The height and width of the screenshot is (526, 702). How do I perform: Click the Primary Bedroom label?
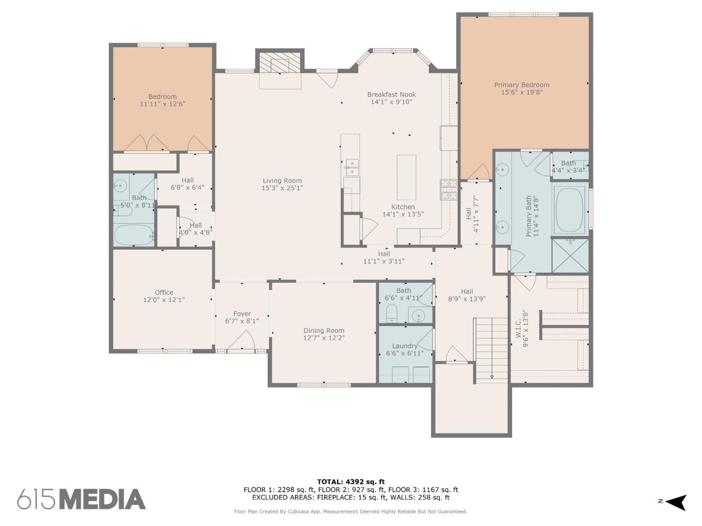point(522,85)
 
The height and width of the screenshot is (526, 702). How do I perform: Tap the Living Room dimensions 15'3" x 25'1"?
point(282,188)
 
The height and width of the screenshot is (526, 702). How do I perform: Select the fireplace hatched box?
point(279,63)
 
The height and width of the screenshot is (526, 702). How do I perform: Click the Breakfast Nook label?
point(391,94)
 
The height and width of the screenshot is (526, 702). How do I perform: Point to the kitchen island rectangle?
point(407,178)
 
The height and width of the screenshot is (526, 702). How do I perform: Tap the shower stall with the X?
point(570,255)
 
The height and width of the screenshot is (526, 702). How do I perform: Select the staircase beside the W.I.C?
point(490,350)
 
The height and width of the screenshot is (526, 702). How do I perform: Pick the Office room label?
point(164,292)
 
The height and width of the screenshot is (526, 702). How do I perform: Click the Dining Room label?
point(324,331)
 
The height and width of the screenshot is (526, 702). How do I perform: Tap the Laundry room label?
point(405,346)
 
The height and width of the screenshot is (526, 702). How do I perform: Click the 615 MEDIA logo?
point(81,499)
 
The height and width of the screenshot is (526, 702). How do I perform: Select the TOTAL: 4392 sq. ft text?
point(351,482)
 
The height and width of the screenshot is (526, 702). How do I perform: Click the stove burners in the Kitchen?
point(449,189)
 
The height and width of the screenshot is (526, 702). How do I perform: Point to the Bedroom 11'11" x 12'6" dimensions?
point(162,104)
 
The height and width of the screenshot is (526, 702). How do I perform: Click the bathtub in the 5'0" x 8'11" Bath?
point(134,235)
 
